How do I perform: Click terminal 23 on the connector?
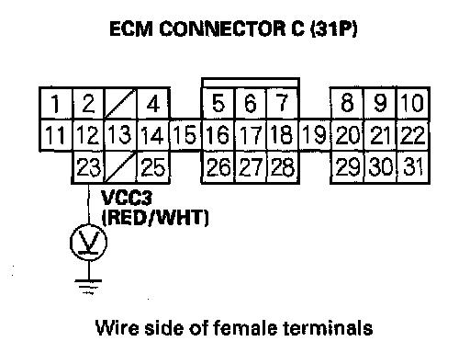pos(88,167)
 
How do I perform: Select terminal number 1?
pos(56,103)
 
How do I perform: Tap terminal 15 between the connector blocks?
pos(185,135)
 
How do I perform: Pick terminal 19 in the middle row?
pos(315,135)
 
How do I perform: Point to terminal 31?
pos(413,167)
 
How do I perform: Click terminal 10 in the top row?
pos(413,103)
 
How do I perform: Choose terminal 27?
pos(251,167)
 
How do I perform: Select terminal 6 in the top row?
pos(251,103)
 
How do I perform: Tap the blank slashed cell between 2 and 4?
pos(120,103)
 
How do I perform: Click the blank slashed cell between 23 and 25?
pos(120,167)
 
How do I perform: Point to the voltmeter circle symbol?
pos(89,243)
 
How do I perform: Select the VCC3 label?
pos(127,198)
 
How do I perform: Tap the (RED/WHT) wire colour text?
pos(155,217)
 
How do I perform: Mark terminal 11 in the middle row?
pos(56,135)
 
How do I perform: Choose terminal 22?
pos(413,135)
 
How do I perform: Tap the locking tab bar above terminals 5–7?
pos(251,83)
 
